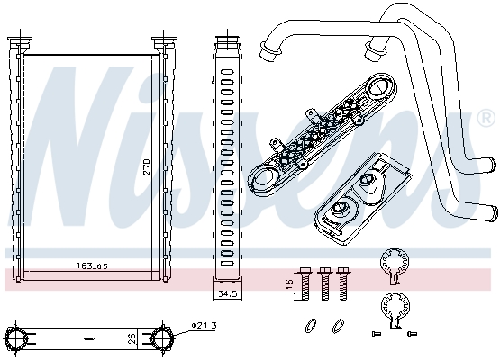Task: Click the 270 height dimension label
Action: pyautogui.click(x=146, y=167)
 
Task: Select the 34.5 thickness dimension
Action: pyautogui.click(x=226, y=293)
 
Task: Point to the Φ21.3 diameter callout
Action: pyautogui.click(x=204, y=324)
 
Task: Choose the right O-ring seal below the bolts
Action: pyautogui.click(x=338, y=324)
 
